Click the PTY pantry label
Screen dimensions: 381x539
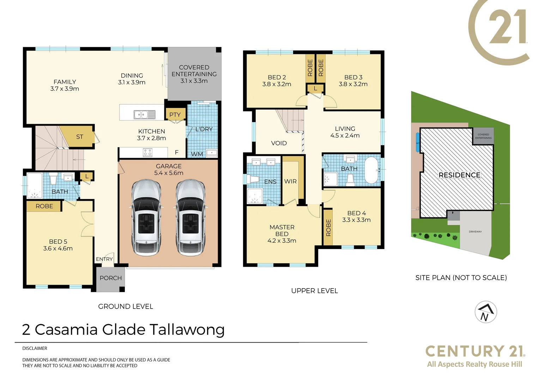[x=175, y=115]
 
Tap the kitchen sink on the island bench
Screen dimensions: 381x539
[x=144, y=115]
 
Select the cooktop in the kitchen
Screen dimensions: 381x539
[x=147, y=152]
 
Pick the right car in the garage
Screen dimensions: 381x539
[x=190, y=218]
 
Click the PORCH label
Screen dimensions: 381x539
[x=110, y=278]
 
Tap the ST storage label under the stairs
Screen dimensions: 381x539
[x=80, y=137]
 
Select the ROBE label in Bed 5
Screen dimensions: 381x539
[x=44, y=206]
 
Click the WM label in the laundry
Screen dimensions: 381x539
[x=197, y=154]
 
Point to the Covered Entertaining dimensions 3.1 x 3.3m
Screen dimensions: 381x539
[x=194, y=81]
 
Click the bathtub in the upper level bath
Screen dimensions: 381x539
[x=371, y=170]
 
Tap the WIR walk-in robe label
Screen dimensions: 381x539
[x=290, y=181]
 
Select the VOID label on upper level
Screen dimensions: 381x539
[x=279, y=143]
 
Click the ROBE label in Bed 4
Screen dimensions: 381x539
[x=328, y=228]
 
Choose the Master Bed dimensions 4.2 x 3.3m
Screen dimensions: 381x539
[x=281, y=241]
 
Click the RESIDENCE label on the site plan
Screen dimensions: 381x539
[x=459, y=175]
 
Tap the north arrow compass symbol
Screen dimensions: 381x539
[x=486, y=312]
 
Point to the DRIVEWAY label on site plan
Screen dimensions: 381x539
[x=475, y=232]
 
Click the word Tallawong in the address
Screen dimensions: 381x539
[x=187, y=329]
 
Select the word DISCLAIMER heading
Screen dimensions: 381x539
[x=35, y=348]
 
